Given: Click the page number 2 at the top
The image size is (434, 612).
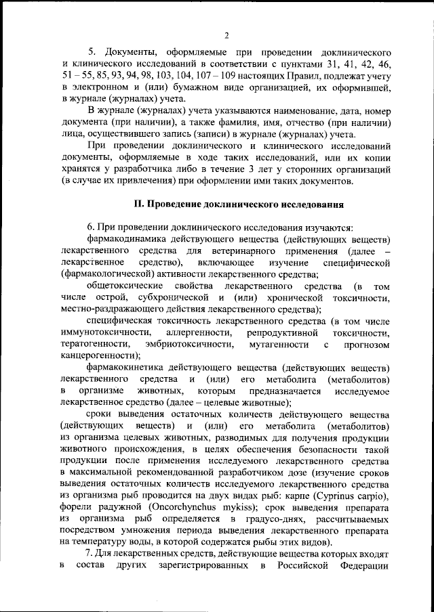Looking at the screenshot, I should pos(227,35).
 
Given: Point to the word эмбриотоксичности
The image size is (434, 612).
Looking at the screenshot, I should pos(193,344).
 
